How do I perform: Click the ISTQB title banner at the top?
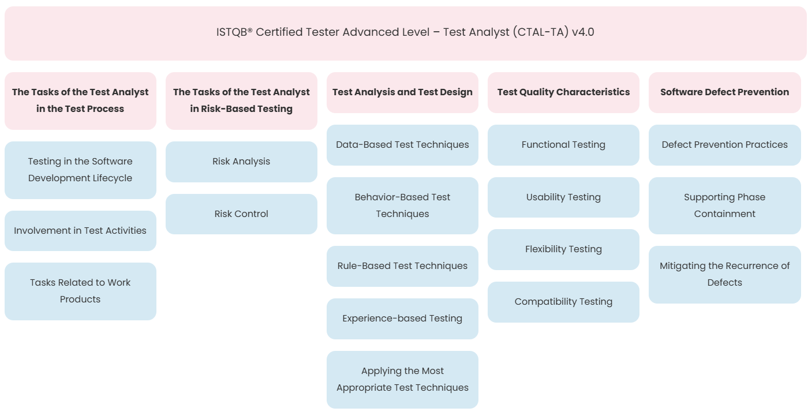tap(405, 33)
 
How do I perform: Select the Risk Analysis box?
tap(241, 162)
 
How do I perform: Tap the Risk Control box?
tap(241, 214)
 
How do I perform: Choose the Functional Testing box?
tap(563, 145)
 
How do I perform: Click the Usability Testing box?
tap(563, 197)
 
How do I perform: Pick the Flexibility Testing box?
tap(563, 249)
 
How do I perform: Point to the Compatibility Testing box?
tap(563, 302)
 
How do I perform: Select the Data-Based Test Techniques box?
tap(403, 145)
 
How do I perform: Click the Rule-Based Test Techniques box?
tap(403, 266)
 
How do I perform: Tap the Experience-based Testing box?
tap(403, 319)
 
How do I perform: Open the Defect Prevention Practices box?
tap(725, 145)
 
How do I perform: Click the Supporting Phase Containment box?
tap(725, 205)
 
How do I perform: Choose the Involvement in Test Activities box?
tap(80, 231)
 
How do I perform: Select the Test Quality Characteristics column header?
tap(563, 92)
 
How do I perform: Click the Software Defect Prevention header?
tap(725, 92)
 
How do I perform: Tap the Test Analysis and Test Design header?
tap(403, 92)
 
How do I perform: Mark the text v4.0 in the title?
tap(583, 32)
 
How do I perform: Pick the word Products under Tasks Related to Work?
tap(80, 300)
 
